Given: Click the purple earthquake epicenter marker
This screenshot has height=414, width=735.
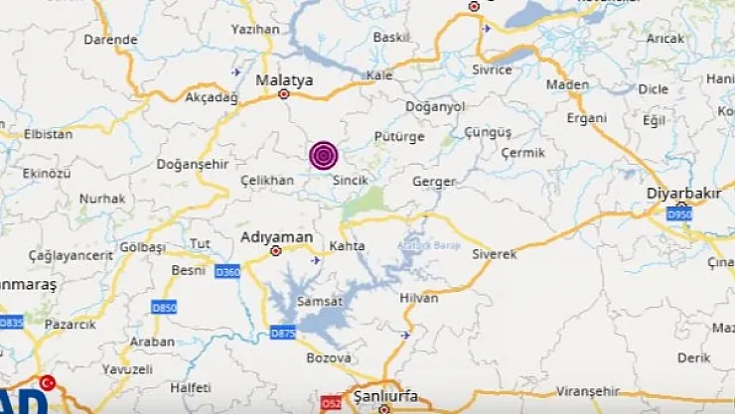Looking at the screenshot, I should [324, 155].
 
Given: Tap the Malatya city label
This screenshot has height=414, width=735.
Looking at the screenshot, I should [284, 79].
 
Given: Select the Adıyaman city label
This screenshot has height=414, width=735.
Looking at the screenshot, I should [277, 237].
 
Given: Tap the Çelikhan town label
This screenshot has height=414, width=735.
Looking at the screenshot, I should [267, 179].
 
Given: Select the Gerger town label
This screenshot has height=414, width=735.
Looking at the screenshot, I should [434, 182].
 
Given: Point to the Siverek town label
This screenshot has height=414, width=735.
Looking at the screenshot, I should [494, 254].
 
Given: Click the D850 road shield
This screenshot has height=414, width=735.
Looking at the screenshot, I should [164, 309].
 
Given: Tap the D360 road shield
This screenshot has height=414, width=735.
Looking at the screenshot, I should [227, 271].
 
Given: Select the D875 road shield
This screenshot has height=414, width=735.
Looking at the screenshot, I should [283, 333].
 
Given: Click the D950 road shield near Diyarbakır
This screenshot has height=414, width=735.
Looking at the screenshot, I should [679, 213].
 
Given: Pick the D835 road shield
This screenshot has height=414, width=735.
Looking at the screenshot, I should [11, 322].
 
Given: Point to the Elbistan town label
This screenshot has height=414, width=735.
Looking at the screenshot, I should [48, 133].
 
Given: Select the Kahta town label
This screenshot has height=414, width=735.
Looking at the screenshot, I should [347, 245].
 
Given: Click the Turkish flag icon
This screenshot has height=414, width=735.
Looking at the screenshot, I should [47, 383].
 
